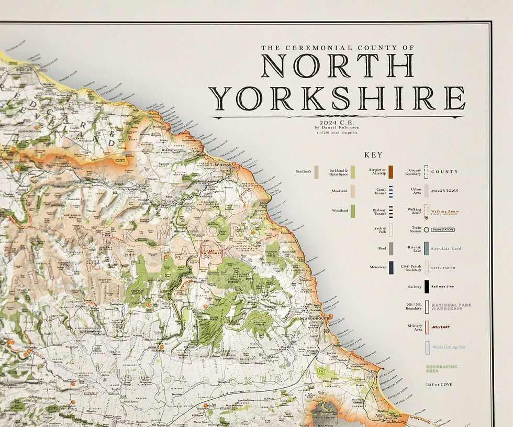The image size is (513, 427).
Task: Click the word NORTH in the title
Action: click(x=338, y=65)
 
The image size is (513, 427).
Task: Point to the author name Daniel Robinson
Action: click(x=337, y=127)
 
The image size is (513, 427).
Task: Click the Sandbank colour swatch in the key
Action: click(x=316, y=171)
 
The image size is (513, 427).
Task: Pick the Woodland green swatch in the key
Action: click(x=353, y=211)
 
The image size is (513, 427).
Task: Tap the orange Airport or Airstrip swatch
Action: click(x=391, y=171)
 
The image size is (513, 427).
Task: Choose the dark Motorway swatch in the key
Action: click(x=391, y=267)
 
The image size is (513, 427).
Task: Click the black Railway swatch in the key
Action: click(x=427, y=287)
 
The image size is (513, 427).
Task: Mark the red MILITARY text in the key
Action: click(x=441, y=327)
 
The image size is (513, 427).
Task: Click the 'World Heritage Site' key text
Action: click(x=448, y=347)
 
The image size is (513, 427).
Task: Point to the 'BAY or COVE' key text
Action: click(x=439, y=385)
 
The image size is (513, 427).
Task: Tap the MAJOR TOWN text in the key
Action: click(x=445, y=191)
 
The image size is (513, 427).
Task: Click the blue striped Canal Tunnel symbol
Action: click(x=391, y=191)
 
